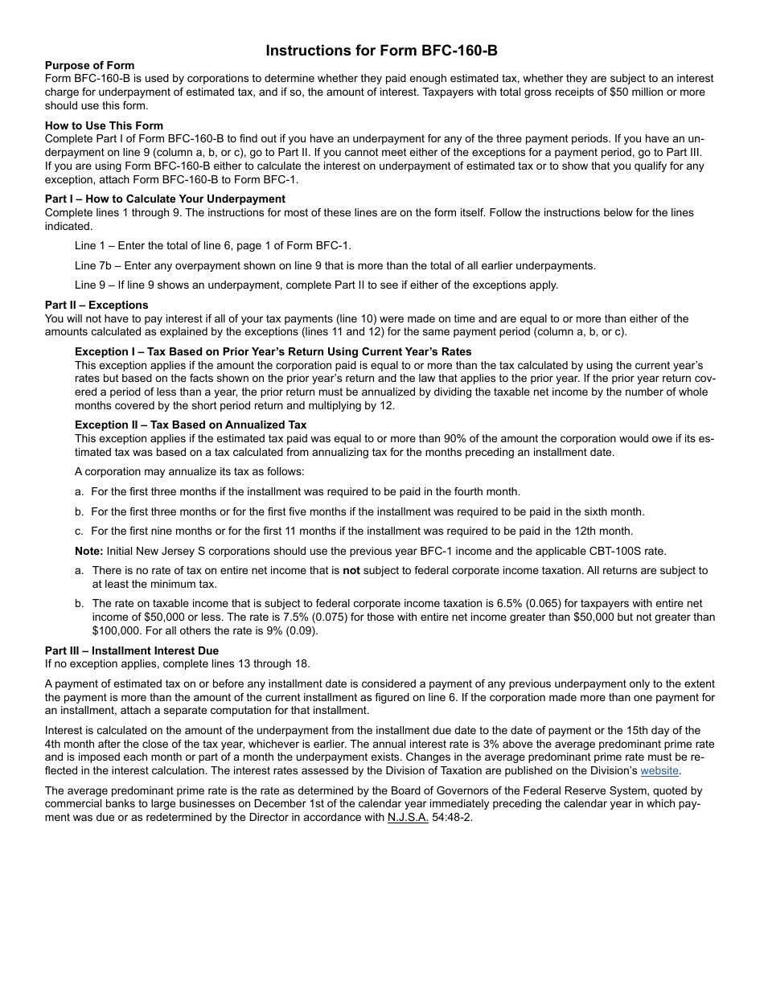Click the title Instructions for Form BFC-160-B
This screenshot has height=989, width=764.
[x=382, y=51]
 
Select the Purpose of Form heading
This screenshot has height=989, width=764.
[x=90, y=65]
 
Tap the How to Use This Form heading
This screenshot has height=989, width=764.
[x=104, y=125]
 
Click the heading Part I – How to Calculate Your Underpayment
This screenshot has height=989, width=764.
[x=165, y=199]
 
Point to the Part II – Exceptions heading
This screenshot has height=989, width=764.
[x=97, y=305]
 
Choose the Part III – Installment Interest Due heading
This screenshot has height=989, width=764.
[x=132, y=650]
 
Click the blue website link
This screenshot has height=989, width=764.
[x=659, y=770]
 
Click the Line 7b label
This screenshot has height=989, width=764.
[x=92, y=265]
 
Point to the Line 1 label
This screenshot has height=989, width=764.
[x=89, y=246]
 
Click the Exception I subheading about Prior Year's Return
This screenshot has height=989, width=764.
[x=273, y=351]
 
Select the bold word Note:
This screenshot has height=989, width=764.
[x=89, y=550]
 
